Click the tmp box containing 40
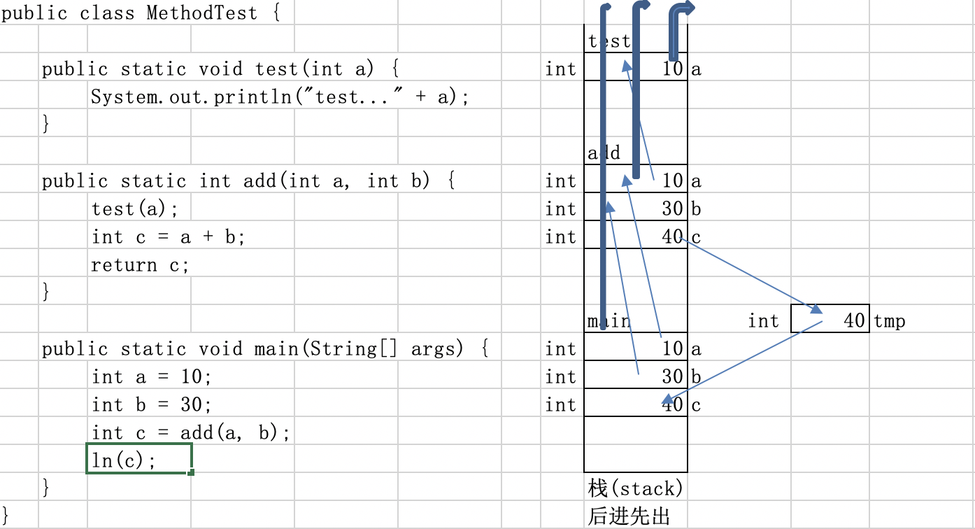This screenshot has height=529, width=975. pos(830,319)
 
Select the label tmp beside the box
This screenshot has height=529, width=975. pos(890,321)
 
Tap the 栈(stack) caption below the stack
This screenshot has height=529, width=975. pos(635,488)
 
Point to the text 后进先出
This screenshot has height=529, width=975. pos(629,516)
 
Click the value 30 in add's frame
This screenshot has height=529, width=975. pos(672,209)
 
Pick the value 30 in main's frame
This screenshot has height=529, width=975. pos(672,376)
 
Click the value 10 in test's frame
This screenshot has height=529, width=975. pos(672,69)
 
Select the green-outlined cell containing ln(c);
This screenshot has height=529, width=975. pos(138,460)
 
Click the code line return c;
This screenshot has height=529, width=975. pos(140,265)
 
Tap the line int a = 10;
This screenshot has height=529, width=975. pos(151,377)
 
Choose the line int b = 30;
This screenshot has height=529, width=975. pos(151,405)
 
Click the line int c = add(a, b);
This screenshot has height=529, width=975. pos(190,433)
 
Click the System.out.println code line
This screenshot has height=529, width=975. pos(280,97)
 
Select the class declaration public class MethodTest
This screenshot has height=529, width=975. pos(141,13)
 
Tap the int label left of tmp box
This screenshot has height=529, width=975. pos(763,321)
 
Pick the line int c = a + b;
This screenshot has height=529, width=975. pos(168,237)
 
